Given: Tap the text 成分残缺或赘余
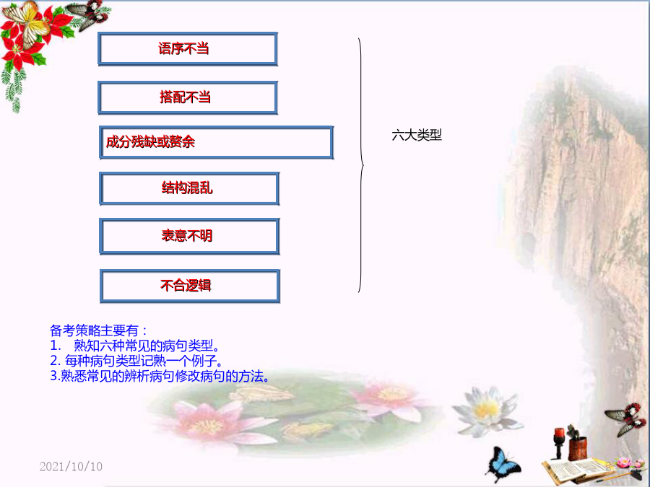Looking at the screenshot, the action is tap(150, 142).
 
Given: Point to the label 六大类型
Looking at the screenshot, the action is tap(417, 135).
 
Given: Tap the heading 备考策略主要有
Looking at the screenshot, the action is tap(98, 330).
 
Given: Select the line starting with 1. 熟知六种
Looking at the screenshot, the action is tap(135, 346).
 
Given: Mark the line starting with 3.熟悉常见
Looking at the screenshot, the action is tap(160, 376).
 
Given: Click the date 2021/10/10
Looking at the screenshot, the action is tap(71, 467).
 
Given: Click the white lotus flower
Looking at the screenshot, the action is tap(487, 411).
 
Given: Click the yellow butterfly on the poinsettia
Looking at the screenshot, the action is tap(26, 22).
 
